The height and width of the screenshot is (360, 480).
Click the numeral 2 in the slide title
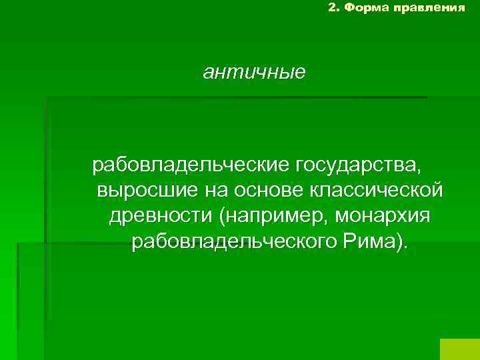click(x=332, y=8)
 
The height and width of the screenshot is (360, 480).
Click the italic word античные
click(x=255, y=72)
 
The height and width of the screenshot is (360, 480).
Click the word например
click(x=277, y=217)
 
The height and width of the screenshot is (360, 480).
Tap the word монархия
click(x=384, y=217)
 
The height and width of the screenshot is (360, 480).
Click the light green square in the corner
click(x=460, y=349)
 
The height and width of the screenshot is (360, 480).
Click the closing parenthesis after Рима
click(x=400, y=243)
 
